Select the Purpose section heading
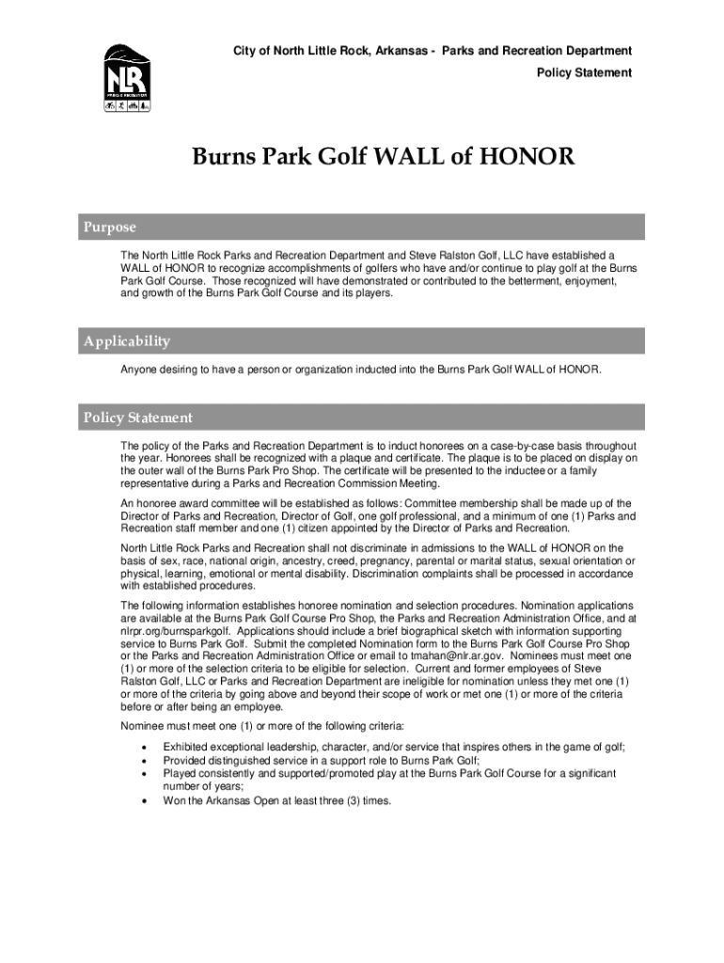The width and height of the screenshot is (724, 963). click(110, 228)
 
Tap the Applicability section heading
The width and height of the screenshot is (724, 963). click(127, 341)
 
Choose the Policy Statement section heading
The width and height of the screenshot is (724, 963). click(138, 418)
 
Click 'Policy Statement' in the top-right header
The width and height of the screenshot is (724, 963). click(584, 72)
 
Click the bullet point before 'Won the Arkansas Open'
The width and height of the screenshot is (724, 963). click(143, 801)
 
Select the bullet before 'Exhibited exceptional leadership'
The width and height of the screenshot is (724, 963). click(143, 747)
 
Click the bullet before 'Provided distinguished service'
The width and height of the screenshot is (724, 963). click(143, 760)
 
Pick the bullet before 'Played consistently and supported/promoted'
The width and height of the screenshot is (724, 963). click(143, 773)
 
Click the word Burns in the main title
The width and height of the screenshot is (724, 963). click(226, 157)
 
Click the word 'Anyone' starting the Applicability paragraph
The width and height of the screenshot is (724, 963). click(138, 370)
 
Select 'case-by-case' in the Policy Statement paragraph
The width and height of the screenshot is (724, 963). click(513, 446)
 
